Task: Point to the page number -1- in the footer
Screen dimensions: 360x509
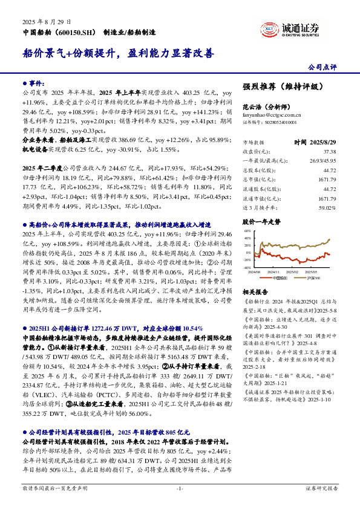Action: click(x=180, y=487)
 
